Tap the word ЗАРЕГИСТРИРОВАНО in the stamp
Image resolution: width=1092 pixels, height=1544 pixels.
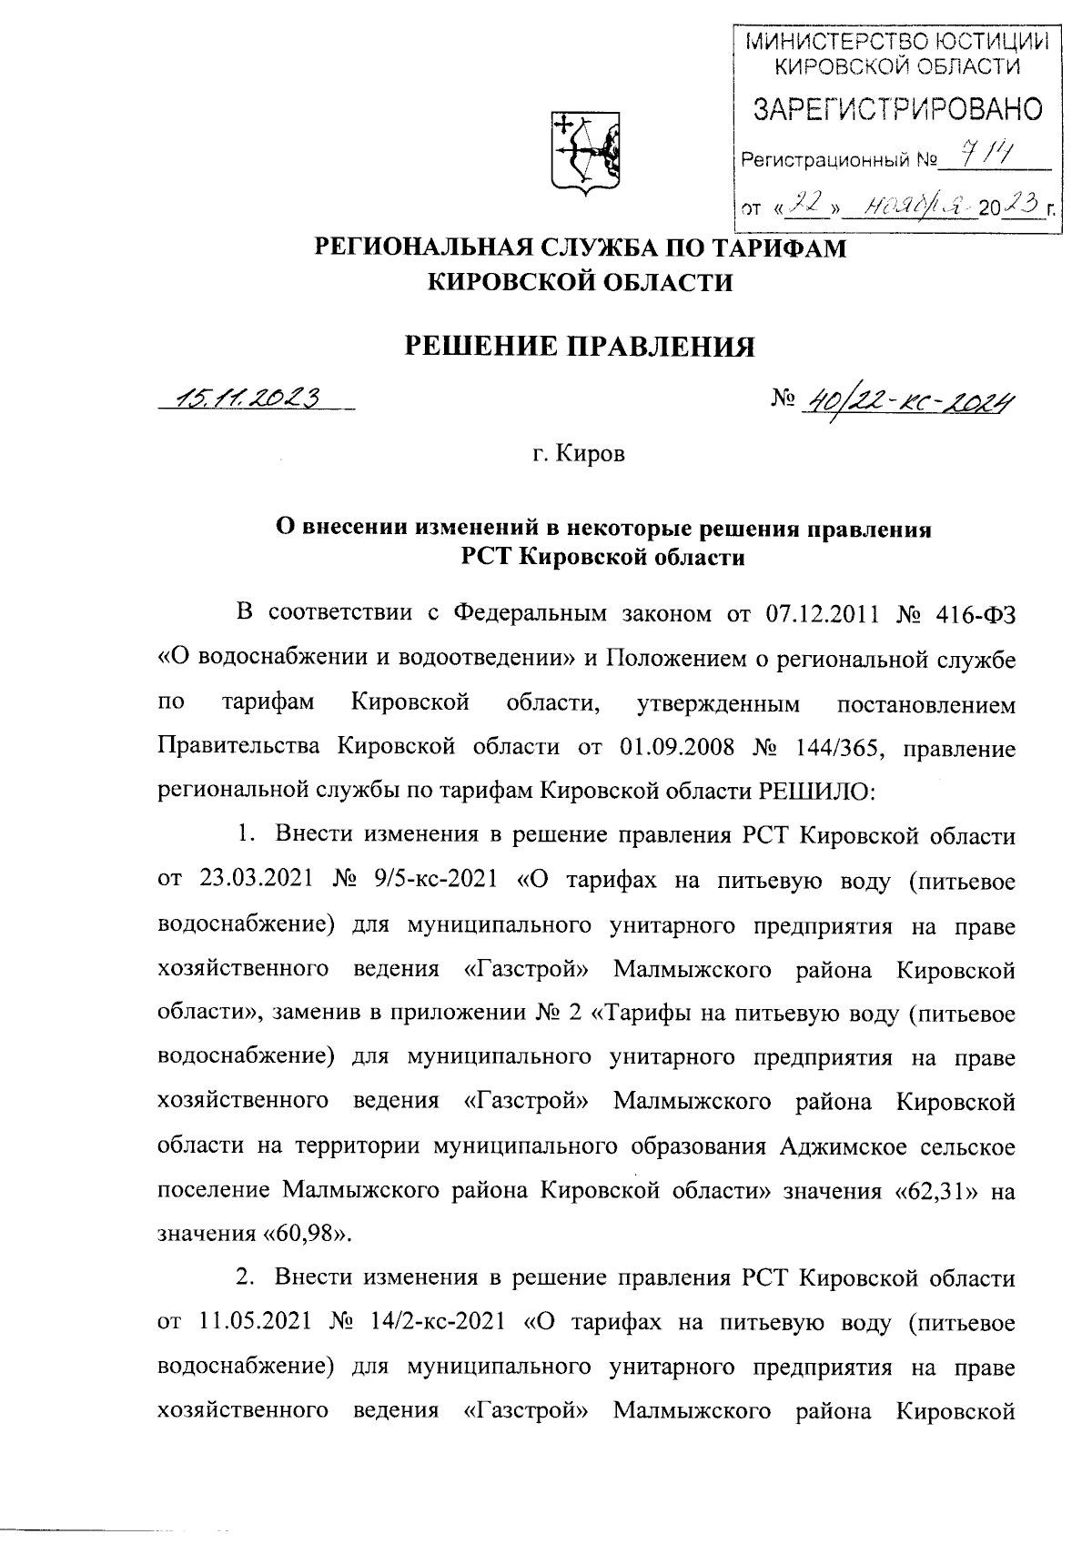pyautogui.click(x=895, y=111)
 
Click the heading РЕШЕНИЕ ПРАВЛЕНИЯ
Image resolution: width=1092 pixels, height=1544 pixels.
pyautogui.click(x=580, y=347)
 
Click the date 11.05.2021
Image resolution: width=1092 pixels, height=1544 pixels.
pyautogui.click(x=255, y=1322)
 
